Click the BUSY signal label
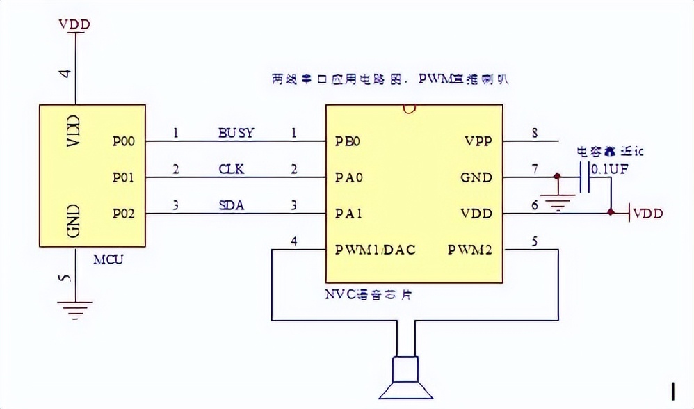(236, 133)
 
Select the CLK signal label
(232, 168)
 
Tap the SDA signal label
(232, 205)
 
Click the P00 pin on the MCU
(123, 141)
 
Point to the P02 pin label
(123, 214)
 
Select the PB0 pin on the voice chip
(347, 141)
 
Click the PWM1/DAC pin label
(375, 249)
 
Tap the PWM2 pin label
(469, 249)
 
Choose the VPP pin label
(478, 141)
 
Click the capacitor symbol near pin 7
(586, 177)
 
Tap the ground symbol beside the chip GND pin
(557, 202)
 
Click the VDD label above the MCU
(74, 24)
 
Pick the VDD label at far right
(647, 214)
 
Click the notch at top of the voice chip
(409, 109)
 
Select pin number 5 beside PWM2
(535, 241)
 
